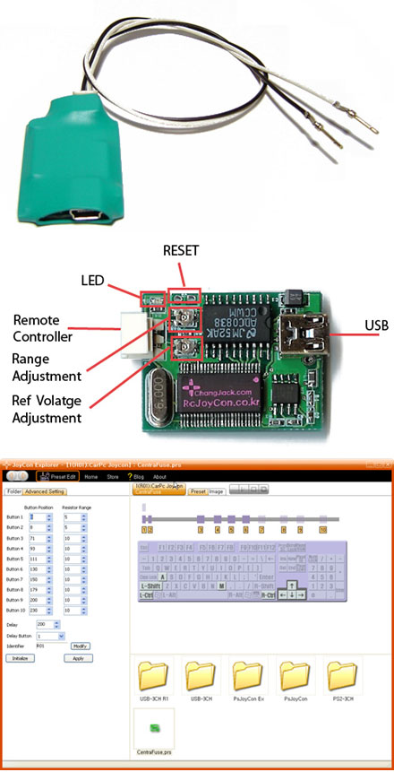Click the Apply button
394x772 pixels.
click(x=78, y=657)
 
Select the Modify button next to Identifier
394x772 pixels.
click(x=80, y=645)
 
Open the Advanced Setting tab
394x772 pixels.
click(x=45, y=491)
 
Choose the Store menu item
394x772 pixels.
click(x=113, y=477)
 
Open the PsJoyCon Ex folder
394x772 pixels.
click(x=246, y=675)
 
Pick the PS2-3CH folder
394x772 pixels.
click(x=341, y=675)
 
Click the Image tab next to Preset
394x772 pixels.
click(x=216, y=491)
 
